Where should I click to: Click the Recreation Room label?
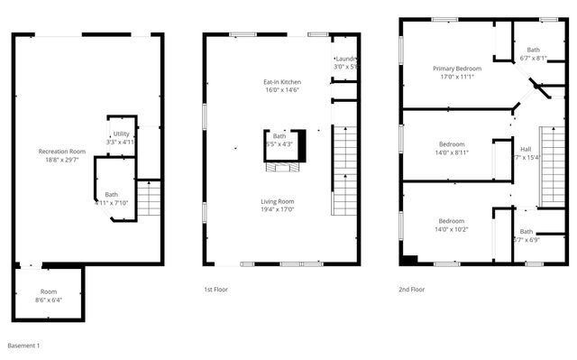(x=61, y=155)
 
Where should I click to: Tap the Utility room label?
(x=120, y=137)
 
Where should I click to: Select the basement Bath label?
(x=112, y=198)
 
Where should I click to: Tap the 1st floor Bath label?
(x=279, y=140)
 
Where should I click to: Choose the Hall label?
(x=525, y=153)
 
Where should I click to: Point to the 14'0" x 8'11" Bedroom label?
(x=452, y=149)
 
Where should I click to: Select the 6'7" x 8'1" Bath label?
(x=534, y=54)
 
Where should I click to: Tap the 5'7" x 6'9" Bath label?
(x=526, y=235)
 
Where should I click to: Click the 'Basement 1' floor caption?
(x=23, y=346)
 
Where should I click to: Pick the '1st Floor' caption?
(x=215, y=290)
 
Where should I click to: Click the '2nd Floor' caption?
(x=411, y=290)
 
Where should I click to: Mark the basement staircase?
(x=149, y=198)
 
